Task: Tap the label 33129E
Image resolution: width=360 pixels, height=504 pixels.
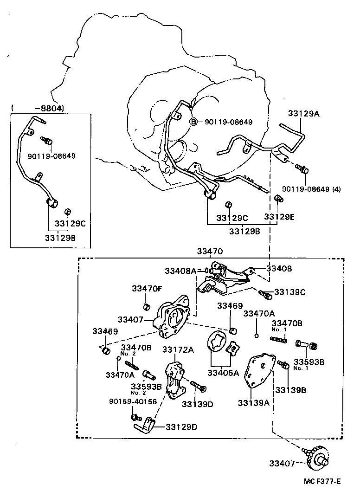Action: pyautogui.click(x=279, y=217)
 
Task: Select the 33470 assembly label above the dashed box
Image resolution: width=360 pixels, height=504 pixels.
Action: pyautogui.click(x=210, y=252)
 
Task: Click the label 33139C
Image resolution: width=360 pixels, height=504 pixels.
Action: pyautogui.click(x=290, y=292)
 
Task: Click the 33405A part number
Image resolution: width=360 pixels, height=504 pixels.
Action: pyautogui.click(x=223, y=372)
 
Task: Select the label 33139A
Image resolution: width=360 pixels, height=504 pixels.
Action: pyautogui.click(x=254, y=403)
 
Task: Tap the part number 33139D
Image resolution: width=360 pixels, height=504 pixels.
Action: pyautogui.click(x=197, y=404)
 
